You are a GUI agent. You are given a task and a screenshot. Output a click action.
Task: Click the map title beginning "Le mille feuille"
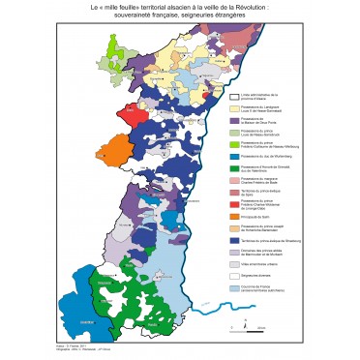click(x=180, y=7)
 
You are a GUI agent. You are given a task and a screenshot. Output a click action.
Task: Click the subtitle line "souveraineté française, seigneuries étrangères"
click(x=180, y=15)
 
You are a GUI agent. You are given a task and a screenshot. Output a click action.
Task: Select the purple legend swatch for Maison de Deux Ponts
click(x=234, y=122)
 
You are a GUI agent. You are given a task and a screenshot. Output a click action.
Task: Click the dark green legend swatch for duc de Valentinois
click(x=234, y=168)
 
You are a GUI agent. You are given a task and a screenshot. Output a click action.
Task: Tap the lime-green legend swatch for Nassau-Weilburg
click(x=234, y=144)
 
